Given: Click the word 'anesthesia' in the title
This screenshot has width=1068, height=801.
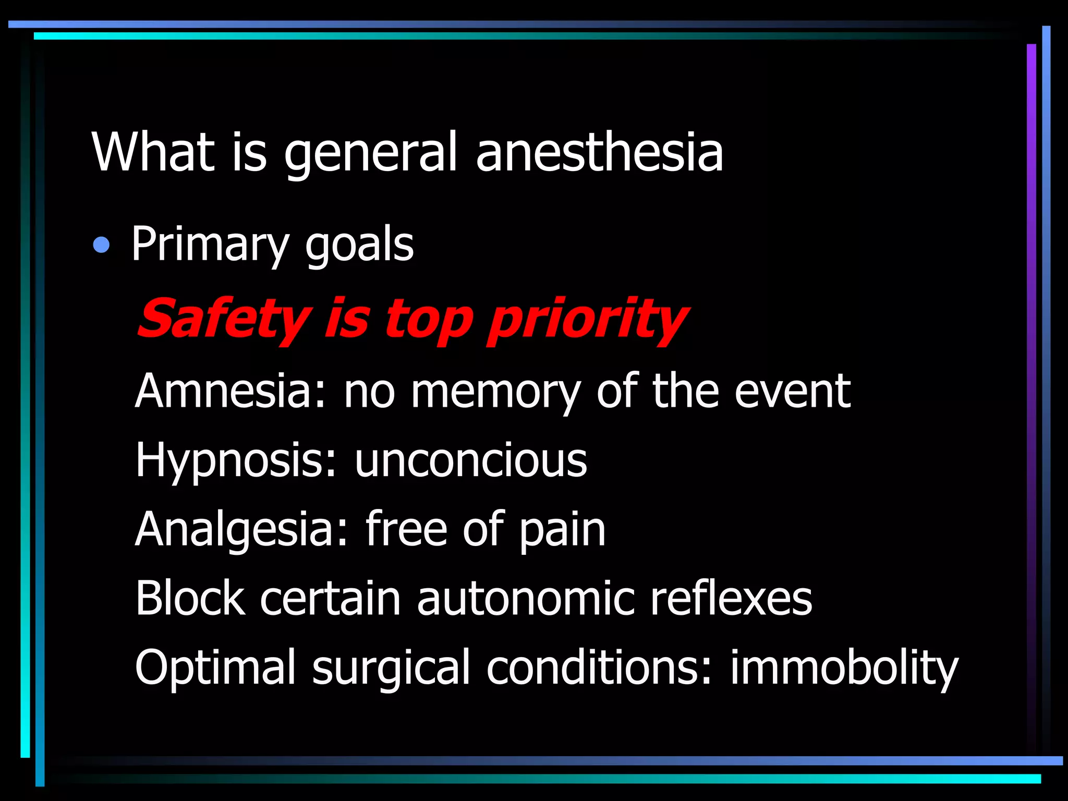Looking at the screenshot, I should [599, 152].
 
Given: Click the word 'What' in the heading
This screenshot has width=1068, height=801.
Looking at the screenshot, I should [153, 152].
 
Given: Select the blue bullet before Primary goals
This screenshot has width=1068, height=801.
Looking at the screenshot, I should [101, 245].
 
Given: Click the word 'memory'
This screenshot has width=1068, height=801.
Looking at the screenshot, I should [495, 393].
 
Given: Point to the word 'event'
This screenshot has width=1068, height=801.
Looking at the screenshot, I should [792, 391].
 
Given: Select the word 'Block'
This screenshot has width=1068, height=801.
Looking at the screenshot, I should [190, 598].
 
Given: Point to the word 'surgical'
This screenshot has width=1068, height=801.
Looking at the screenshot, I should [391, 668].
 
